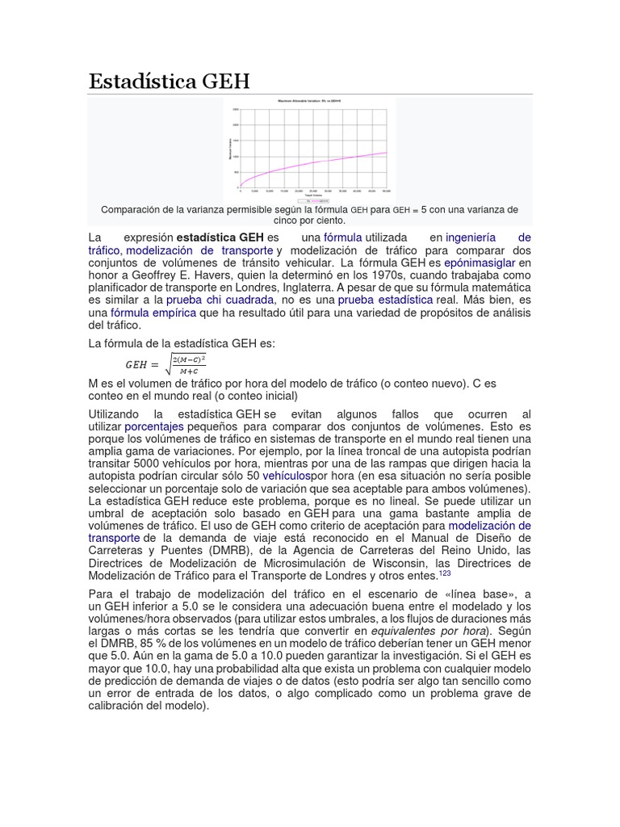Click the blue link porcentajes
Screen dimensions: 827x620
(x=153, y=426)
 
